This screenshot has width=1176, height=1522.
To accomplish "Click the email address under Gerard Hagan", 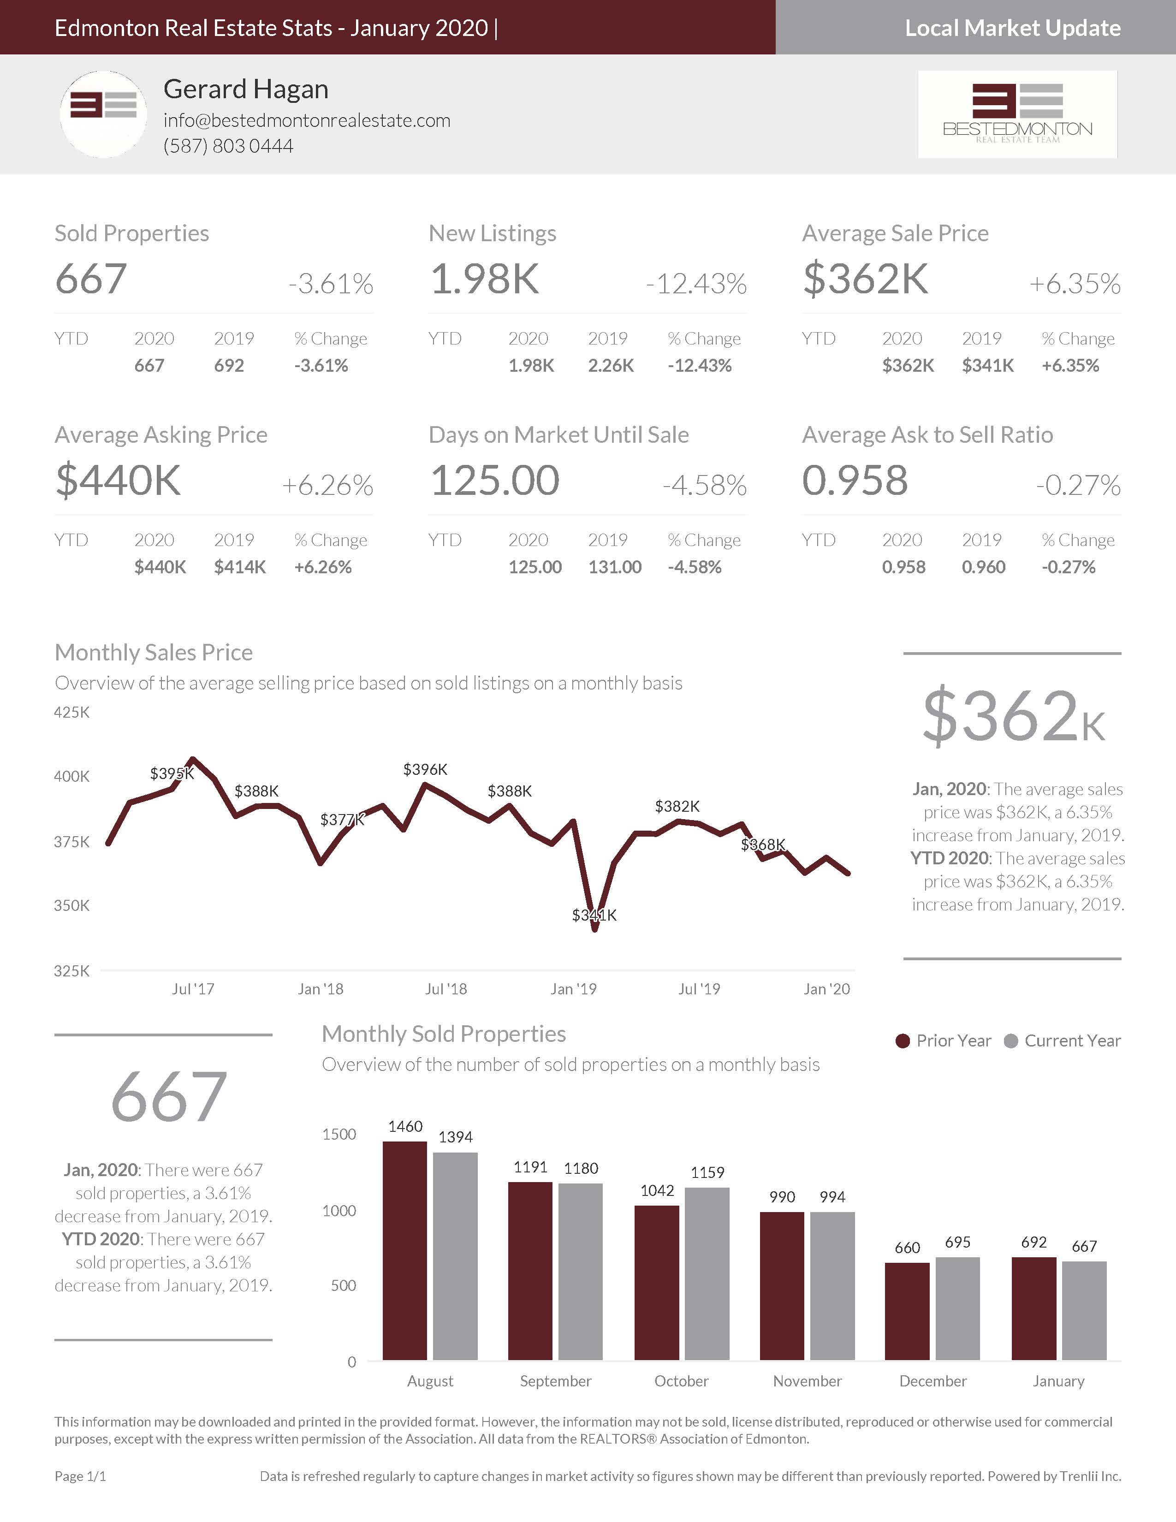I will click(307, 120).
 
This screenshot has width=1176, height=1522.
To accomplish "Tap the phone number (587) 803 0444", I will click(228, 146).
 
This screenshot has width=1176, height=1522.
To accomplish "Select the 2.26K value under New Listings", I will click(610, 366).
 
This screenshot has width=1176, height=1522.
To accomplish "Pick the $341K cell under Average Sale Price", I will click(987, 366).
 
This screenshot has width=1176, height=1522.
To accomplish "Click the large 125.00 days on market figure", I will click(495, 481).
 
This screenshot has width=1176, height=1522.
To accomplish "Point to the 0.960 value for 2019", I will click(983, 567).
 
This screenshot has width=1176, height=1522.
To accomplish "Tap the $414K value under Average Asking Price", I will click(240, 567).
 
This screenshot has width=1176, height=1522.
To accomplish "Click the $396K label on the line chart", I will click(425, 769).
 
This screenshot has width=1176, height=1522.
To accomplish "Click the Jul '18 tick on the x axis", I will click(446, 989).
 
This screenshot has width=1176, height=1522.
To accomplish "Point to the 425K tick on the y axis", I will click(72, 712).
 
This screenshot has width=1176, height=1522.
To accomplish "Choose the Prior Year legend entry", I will click(943, 1041).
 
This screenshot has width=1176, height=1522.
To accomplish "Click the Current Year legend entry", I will click(1063, 1041).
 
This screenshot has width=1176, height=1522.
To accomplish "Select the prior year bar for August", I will click(405, 1251).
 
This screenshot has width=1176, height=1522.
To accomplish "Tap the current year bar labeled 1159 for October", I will click(707, 1274).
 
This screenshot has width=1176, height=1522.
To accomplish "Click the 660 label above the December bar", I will click(907, 1248).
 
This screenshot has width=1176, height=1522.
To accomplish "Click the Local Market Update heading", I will click(1012, 28).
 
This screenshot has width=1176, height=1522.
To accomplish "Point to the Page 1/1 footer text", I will click(80, 1476).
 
